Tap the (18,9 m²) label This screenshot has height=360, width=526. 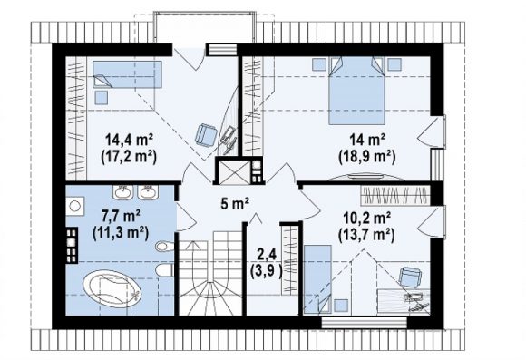point(367,156)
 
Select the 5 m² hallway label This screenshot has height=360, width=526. point(235,204)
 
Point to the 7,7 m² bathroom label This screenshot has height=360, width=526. point(121,217)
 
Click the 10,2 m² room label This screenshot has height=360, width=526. point(366,219)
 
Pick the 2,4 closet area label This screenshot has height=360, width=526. point(267,255)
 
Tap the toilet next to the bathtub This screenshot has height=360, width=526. point(165,269)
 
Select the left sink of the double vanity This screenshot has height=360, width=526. point(122,193)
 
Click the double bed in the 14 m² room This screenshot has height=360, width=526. point(356,91)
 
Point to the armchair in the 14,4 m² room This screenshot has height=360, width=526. point(205,135)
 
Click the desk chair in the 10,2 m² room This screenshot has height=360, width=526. point(410,277)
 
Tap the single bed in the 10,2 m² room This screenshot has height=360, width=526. point(317,279)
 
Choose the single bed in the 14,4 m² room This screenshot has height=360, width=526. point(127,74)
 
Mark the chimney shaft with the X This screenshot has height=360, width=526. point(232,172)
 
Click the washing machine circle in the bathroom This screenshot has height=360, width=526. point(74,207)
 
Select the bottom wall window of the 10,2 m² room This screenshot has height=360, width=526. point(364,323)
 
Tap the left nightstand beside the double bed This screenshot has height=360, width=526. point(319,64)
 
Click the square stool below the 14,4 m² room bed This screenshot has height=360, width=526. point(101,97)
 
